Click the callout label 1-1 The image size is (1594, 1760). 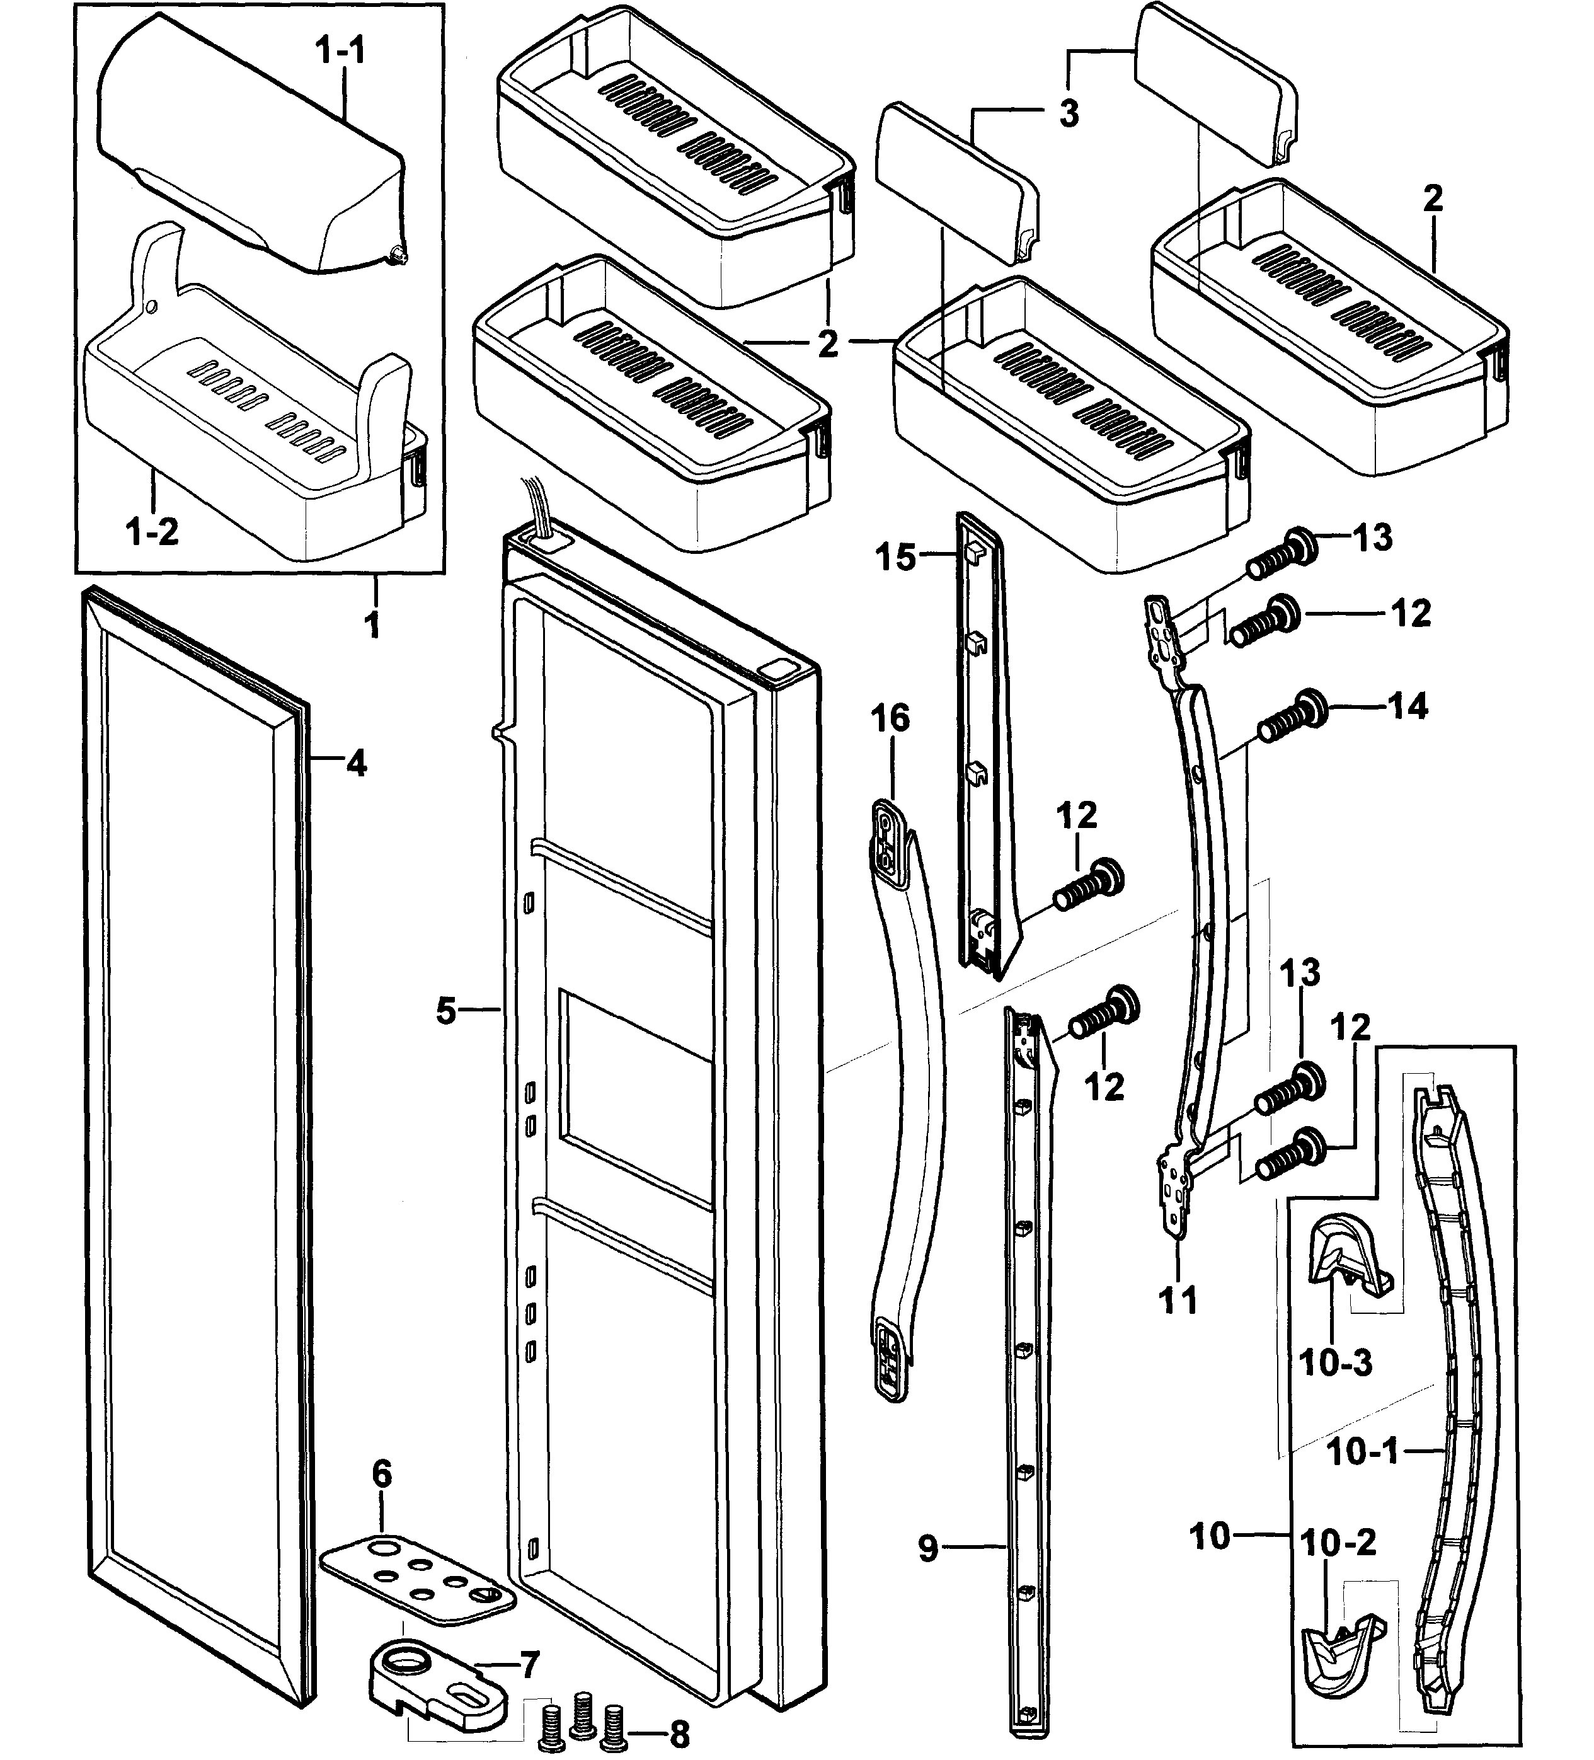tap(340, 52)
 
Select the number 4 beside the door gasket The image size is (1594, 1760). tap(355, 764)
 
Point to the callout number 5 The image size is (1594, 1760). tap(445, 1012)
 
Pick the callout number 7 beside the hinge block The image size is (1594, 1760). tap(530, 1665)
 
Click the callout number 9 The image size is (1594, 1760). tap(928, 1548)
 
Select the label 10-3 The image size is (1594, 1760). tap(1336, 1362)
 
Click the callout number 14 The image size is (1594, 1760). tap(1407, 705)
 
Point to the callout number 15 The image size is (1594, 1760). tap(896, 556)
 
